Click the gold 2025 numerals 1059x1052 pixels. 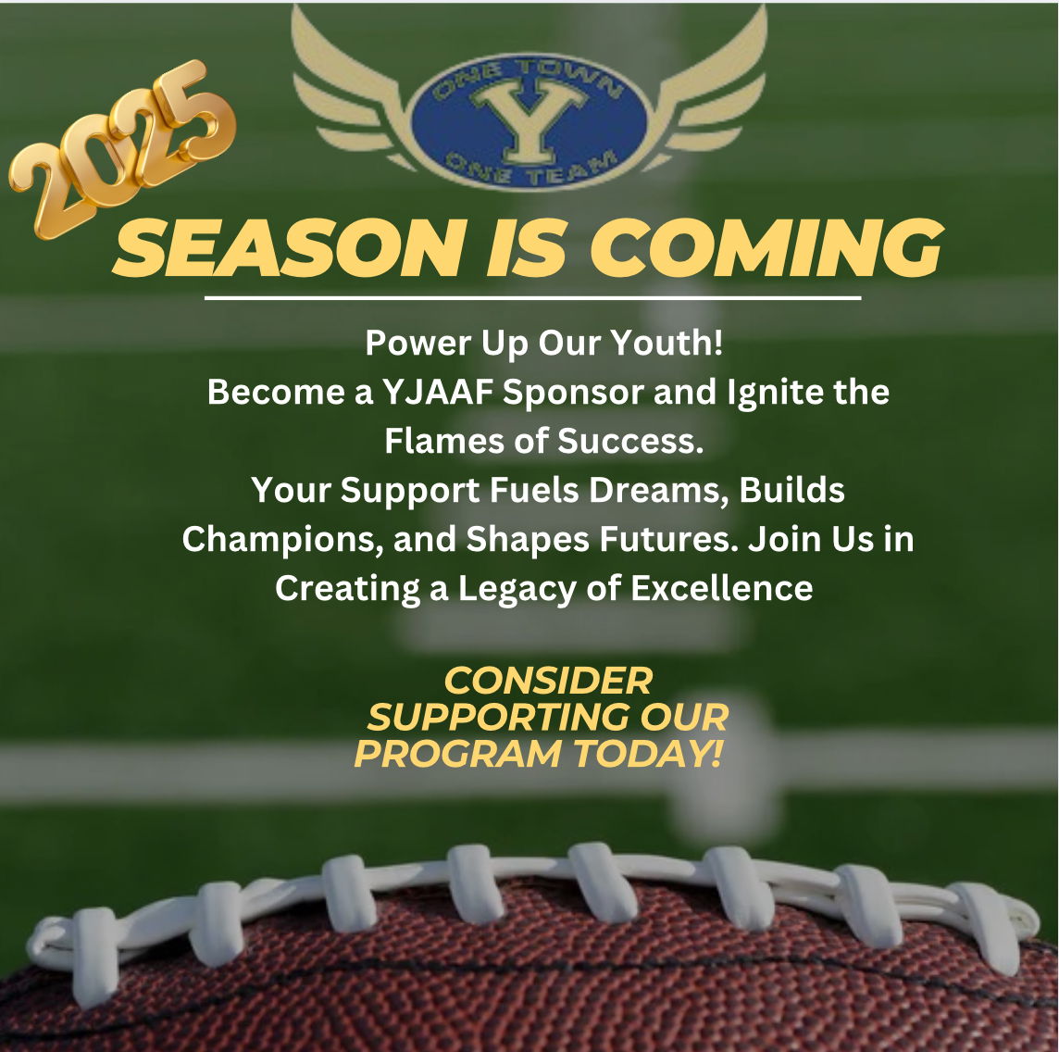tap(121, 149)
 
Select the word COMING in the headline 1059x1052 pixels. tap(766, 248)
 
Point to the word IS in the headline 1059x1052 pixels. tap(526, 248)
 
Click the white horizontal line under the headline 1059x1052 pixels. tap(532, 297)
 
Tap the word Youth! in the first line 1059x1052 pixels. tap(667, 343)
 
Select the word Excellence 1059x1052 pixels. tap(721, 588)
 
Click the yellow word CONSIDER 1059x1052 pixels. tap(548, 681)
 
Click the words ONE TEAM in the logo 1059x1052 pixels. tap(531, 169)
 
